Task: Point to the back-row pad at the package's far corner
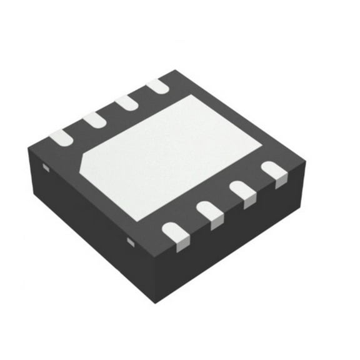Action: pyautogui.click(x=159, y=86)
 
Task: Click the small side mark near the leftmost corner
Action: pyautogui.click(x=46, y=167)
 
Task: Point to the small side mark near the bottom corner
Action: pyautogui.click(x=131, y=240)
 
